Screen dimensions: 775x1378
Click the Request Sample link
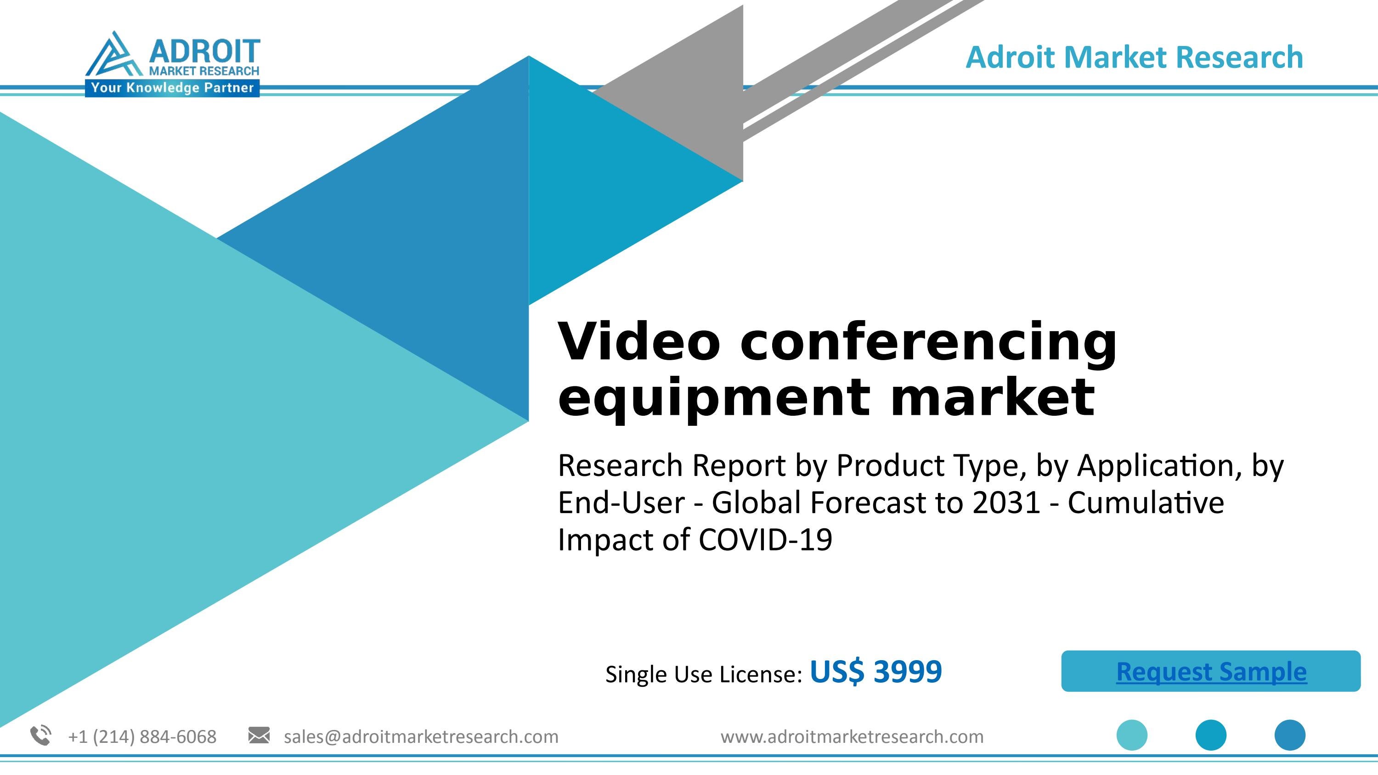pyautogui.click(x=1211, y=672)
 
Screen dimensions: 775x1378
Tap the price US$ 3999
pyautogui.click(x=875, y=672)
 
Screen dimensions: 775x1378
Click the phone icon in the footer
pyautogui.click(x=41, y=735)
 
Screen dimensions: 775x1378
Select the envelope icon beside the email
pyautogui.click(x=259, y=735)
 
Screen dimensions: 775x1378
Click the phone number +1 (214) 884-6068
pyautogui.click(x=142, y=737)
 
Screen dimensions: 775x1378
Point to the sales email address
pyautogui.click(x=421, y=737)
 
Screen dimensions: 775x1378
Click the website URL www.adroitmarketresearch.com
pyautogui.click(x=852, y=737)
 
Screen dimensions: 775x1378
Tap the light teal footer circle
pyautogui.click(x=1131, y=735)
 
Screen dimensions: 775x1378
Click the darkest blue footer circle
pyautogui.click(x=1290, y=735)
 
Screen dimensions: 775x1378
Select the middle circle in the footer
pyautogui.click(x=1210, y=735)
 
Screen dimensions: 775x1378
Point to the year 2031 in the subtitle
pyautogui.click(x=1006, y=503)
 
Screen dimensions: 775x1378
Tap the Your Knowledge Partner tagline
pyautogui.click(x=172, y=88)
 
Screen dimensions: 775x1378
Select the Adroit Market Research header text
pyautogui.click(x=1134, y=58)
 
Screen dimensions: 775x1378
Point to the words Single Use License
pyautogui.click(x=703, y=674)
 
